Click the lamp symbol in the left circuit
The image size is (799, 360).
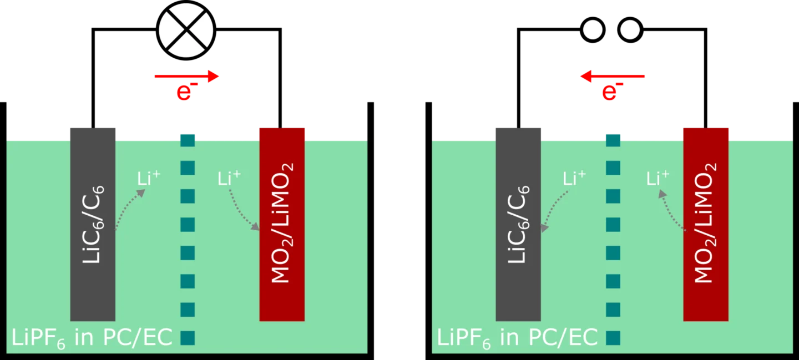186,30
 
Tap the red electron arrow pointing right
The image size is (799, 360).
186,77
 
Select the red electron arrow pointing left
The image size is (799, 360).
613,77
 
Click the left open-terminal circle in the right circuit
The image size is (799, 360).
593,30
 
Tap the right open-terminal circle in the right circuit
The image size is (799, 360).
630,30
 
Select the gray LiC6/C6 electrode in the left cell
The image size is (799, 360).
93,225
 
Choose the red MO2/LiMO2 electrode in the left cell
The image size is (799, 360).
282,225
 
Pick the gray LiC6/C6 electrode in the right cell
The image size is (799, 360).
518,225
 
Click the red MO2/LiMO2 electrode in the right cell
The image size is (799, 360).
706,225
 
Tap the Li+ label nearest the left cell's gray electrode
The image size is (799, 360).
149,178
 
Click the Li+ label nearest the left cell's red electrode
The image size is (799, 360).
229,178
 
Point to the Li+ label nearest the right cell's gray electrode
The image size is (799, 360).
574,178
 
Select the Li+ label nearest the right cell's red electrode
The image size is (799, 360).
658,178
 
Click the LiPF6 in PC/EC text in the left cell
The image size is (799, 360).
92,338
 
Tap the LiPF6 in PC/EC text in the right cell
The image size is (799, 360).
517,338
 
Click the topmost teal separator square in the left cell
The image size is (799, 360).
188,140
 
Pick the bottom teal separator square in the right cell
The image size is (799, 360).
613,338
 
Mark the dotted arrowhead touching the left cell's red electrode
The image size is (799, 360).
255,226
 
